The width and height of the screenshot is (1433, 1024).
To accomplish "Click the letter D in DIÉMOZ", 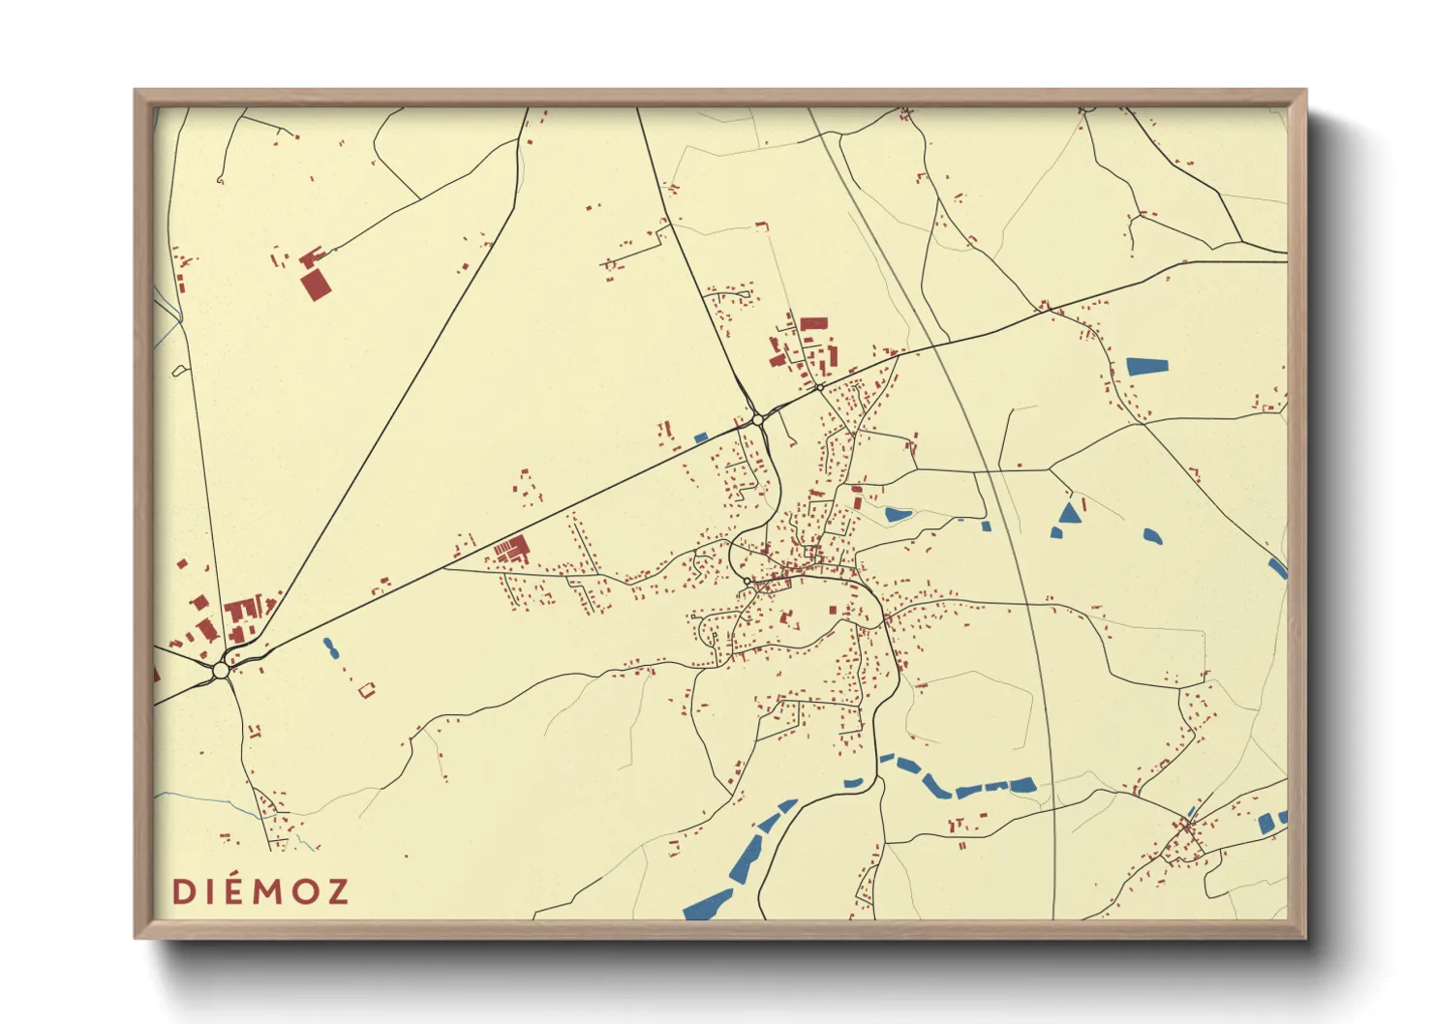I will [181, 891].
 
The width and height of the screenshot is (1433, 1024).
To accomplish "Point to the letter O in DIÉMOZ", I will [304, 891].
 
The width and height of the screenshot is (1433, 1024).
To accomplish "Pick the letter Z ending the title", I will [337, 891].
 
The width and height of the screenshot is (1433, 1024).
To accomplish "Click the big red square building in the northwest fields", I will [314, 286].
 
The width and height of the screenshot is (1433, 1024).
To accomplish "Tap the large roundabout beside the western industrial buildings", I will [221, 670].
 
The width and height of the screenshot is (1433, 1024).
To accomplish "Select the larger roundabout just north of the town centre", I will [757, 420].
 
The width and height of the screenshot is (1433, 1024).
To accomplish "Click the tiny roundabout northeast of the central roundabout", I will [819, 387].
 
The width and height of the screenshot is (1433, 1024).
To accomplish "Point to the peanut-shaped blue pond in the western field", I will [331, 648].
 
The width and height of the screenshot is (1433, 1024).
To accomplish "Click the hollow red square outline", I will [366, 690].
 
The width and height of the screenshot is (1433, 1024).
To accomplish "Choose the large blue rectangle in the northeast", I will [1147, 367].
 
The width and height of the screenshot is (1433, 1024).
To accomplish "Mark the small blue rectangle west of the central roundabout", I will [701, 437].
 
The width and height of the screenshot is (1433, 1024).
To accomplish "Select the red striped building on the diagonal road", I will [511, 549].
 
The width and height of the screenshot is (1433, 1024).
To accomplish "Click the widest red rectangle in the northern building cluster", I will [813, 323].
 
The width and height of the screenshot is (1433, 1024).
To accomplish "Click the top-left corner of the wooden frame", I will [135, 90].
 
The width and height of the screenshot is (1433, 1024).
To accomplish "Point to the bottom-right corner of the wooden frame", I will [1305, 937].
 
